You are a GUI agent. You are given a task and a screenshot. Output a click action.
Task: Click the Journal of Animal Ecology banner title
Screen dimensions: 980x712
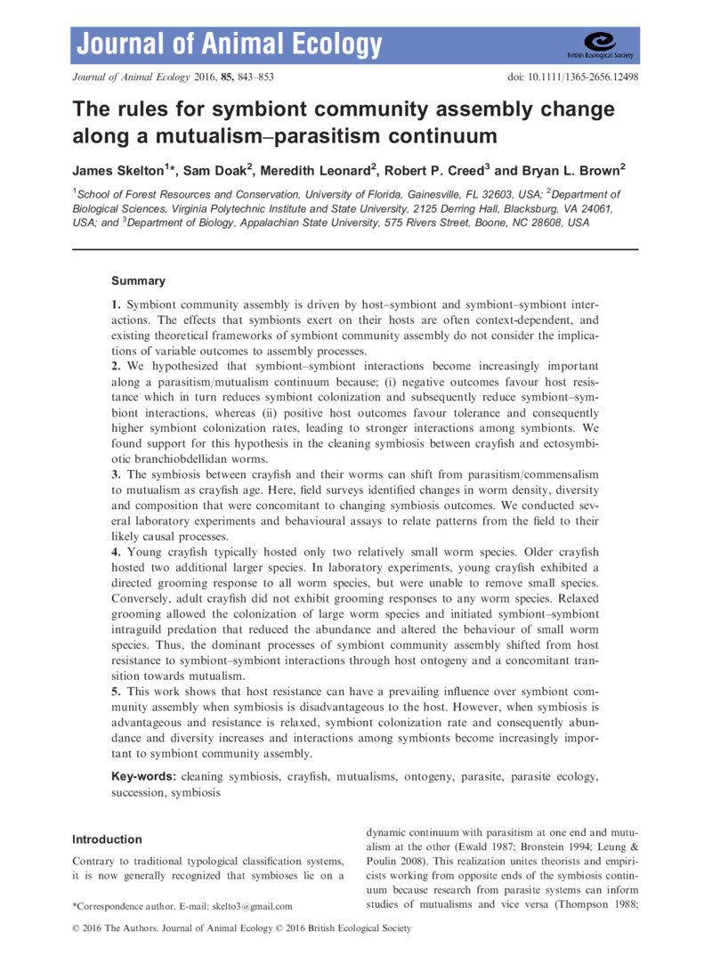[x=230, y=43]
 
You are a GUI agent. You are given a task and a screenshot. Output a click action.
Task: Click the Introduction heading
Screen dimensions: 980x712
[x=107, y=838]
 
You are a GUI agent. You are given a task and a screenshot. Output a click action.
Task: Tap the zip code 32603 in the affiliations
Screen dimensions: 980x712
[x=516, y=193]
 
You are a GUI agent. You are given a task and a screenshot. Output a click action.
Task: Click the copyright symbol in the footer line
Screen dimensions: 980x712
[x=74, y=928]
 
